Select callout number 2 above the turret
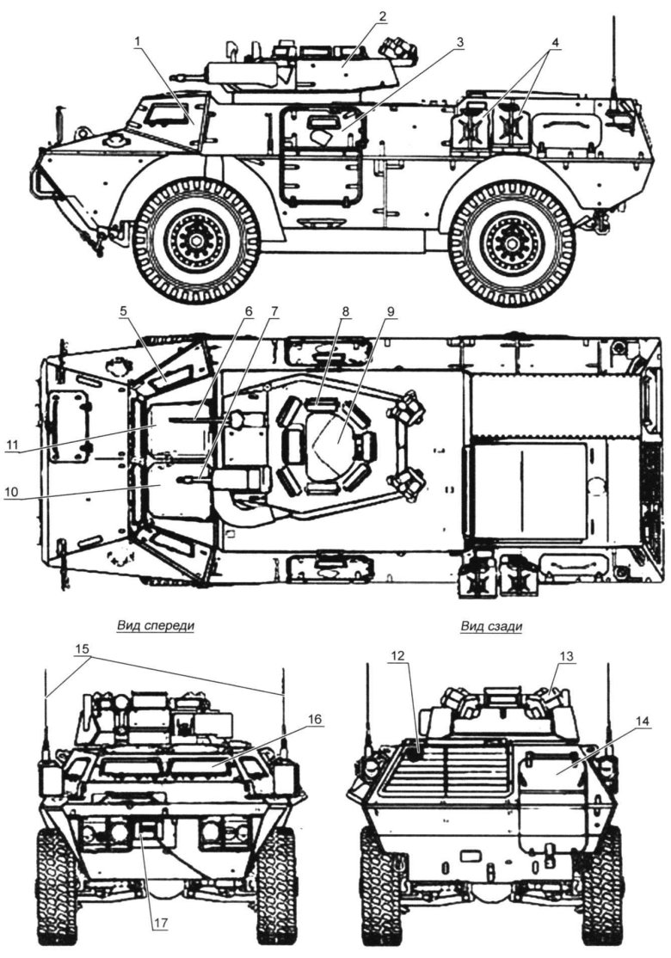(x=382, y=16)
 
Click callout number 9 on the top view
(x=391, y=307)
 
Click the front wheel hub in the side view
(x=197, y=240)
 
